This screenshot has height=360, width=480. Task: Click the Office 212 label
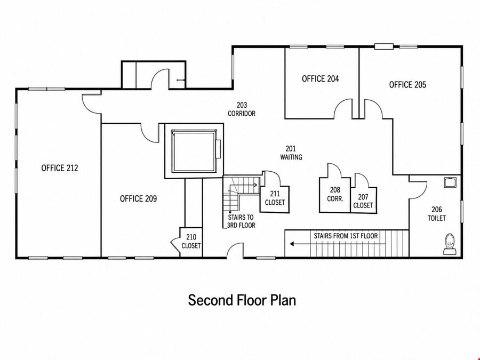tap(60, 168)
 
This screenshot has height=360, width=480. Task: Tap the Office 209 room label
tap(138, 199)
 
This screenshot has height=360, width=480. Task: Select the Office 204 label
tap(320, 79)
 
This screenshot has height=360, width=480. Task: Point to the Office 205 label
tap(407, 84)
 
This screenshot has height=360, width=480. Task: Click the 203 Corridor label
tap(242, 109)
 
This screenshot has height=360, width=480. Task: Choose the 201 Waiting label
tap(291, 153)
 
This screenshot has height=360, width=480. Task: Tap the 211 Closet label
tap(275, 198)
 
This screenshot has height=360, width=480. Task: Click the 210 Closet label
tap(191, 241)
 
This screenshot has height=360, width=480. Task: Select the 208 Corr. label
tap(335, 194)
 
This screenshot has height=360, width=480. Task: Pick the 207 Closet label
tap(363, 201)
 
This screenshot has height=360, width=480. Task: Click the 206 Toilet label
tap(437, 214)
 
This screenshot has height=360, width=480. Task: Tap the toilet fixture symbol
tap(450, 244)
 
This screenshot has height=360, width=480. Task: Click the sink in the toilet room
tap(450, 182)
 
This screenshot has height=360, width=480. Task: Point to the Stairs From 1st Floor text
tap(346, 236)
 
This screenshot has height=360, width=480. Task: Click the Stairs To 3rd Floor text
tap(241, 221)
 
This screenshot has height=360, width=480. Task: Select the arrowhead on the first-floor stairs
tap(292, 244)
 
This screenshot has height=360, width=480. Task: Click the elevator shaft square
tap(194, 151)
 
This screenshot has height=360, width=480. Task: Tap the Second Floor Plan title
tap(242, 300)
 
